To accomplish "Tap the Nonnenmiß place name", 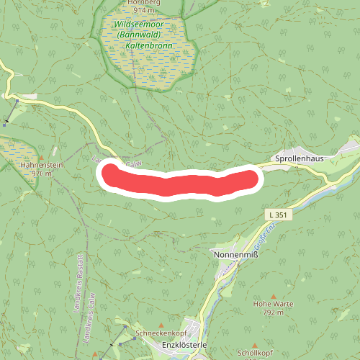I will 235,255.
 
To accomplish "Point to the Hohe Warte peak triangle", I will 273,296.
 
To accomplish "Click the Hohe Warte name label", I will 273,304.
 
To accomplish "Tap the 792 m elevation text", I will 273,312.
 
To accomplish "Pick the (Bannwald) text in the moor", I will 150,34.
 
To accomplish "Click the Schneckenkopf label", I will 161,333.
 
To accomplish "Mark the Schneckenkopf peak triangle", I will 161,325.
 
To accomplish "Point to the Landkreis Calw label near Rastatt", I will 91,317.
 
